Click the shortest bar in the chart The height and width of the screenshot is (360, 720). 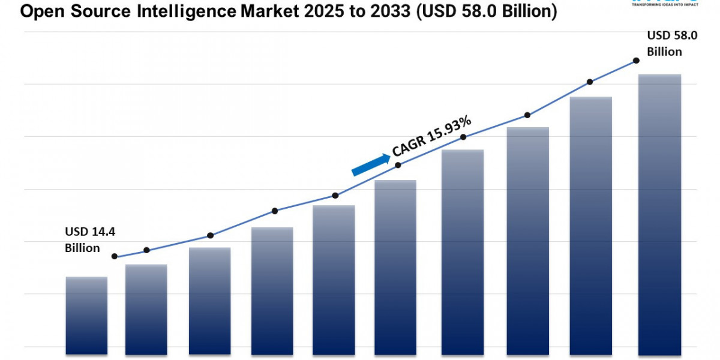(x=86, y=315)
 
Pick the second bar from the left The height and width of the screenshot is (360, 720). (x=146, y=309)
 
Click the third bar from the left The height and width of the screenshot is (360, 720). (x=209, y=301)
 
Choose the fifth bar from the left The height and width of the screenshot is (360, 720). (x=334, y=280)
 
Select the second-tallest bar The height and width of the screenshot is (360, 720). (x=590, y=225)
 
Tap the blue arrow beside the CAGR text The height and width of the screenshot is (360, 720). (x=371, y=164)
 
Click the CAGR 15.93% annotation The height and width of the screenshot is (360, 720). (x=431, y=137)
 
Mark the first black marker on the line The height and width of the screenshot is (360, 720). (x=115, y=256)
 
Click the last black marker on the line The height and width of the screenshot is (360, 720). (x=636, y=61)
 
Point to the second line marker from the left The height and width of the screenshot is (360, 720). (x=147, y=250)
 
